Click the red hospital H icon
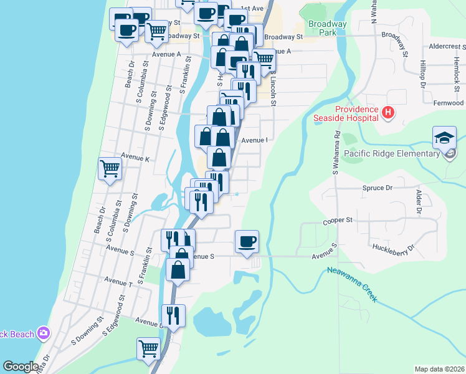coord(388,113)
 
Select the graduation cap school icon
coord(445,138)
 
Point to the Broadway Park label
coord(326,27)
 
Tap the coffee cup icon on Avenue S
coord(247,241)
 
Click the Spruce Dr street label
coord(378,187)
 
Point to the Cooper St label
coord(338,220)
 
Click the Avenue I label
coord(254,140)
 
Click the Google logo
coord(21,367)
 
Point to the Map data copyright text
coord(439,369)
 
